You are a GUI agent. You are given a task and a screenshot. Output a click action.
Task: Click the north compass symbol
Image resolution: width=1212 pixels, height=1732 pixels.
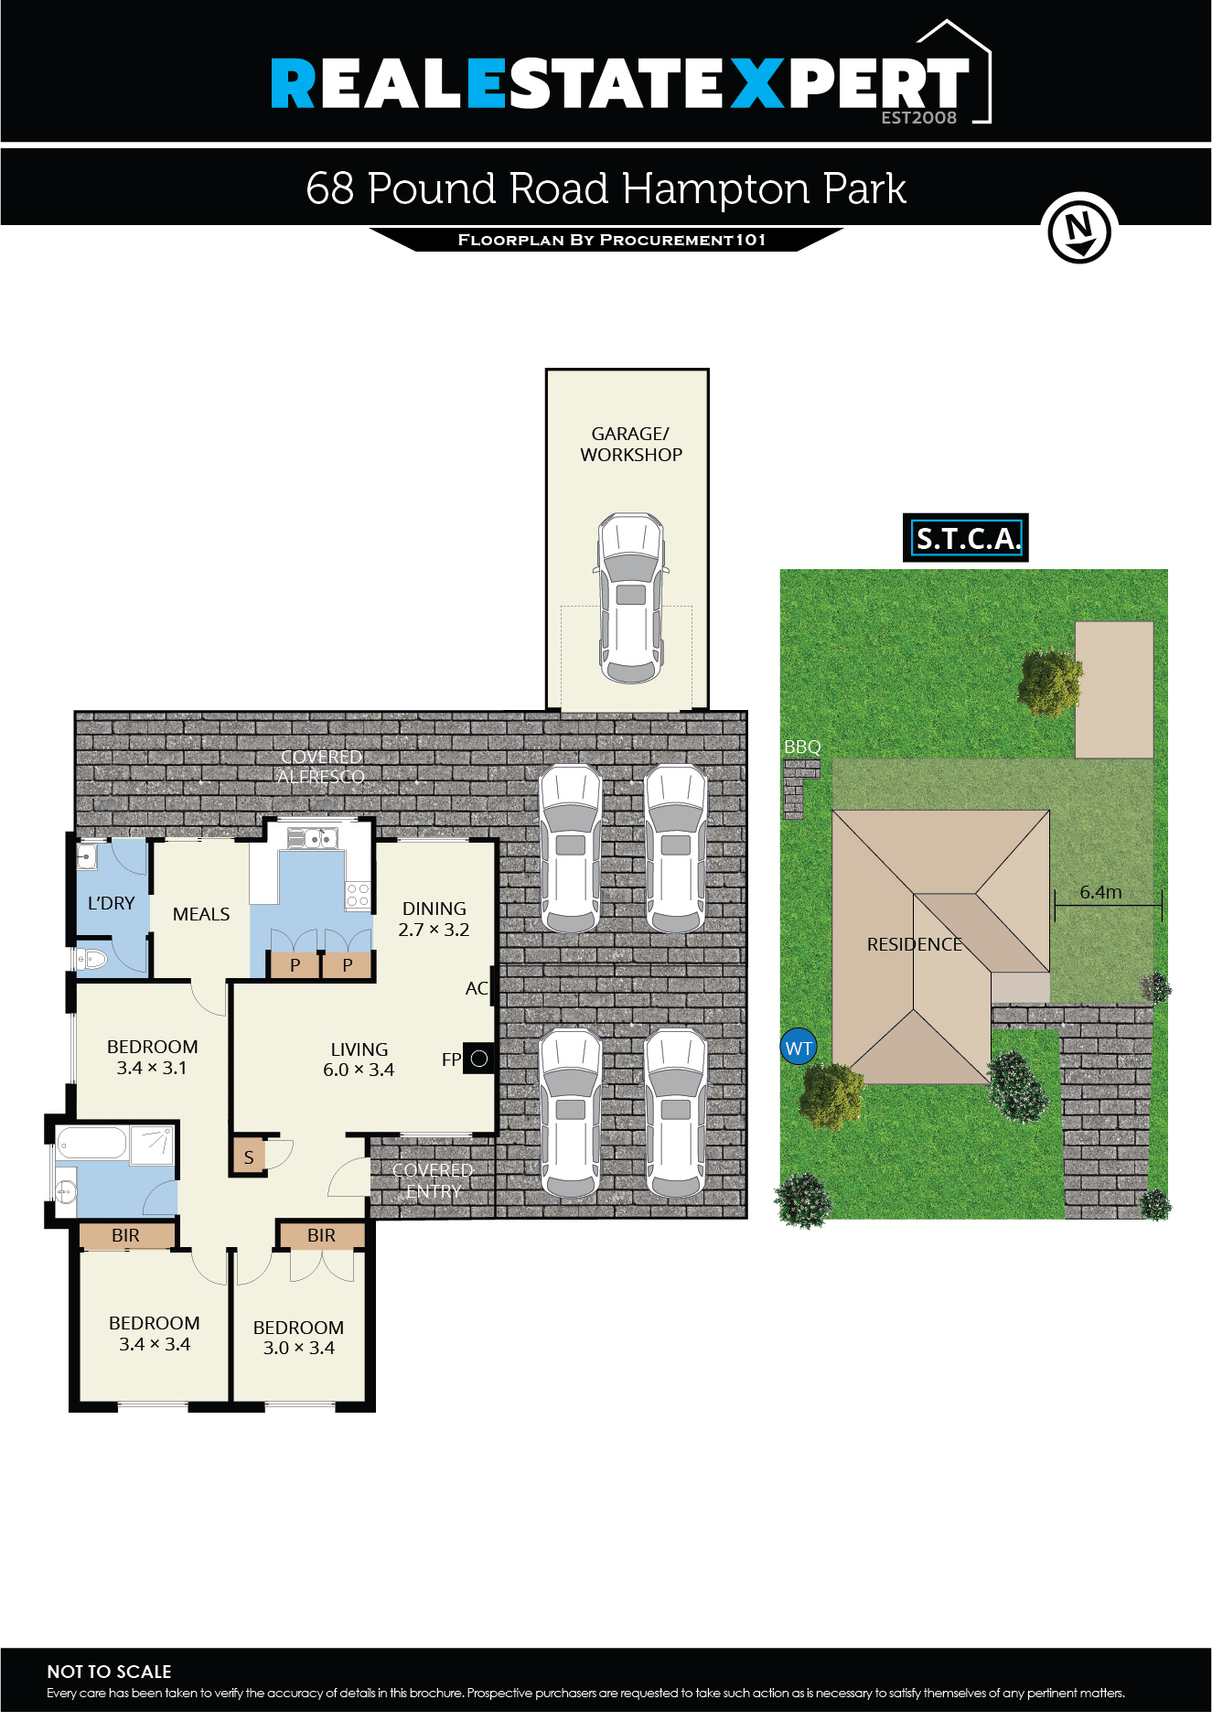1079,229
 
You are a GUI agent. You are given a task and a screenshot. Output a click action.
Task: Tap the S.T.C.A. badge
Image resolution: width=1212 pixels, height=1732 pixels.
966,538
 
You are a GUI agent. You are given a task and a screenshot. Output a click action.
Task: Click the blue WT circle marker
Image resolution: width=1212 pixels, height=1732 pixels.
799,1049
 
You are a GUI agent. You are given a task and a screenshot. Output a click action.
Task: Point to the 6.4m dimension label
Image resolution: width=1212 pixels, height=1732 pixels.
1100,892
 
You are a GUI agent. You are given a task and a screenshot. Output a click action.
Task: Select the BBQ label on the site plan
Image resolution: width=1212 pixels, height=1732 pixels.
802,748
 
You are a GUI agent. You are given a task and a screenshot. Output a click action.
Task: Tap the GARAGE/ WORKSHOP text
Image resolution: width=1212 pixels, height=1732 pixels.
630,444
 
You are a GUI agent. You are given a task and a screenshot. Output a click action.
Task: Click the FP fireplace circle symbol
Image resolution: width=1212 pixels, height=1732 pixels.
478,1059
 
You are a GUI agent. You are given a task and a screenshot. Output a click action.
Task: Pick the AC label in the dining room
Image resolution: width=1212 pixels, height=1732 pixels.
476,988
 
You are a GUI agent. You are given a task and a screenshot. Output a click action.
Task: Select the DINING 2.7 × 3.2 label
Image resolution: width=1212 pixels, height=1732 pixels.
434,919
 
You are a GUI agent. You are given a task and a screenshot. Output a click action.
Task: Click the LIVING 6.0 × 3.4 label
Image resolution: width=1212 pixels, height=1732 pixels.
359,1060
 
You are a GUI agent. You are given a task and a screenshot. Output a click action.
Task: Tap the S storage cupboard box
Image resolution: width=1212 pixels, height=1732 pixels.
248,1157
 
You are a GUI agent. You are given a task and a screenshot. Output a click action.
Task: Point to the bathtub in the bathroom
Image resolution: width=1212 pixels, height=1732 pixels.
91,1144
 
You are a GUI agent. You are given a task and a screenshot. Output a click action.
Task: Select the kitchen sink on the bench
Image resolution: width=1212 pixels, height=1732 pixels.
312,836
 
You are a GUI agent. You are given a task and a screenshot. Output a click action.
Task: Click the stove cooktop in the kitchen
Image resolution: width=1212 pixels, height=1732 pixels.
358,896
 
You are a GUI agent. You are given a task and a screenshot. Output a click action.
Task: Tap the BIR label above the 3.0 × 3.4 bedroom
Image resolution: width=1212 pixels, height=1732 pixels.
321,1235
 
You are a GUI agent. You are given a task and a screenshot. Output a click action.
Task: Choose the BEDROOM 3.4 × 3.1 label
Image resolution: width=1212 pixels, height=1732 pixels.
152,1057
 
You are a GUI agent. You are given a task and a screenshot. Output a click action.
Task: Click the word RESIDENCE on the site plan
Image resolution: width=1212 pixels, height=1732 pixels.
914,944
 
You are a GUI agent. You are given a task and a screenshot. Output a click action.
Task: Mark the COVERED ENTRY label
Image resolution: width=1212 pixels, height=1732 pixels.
433,1180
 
